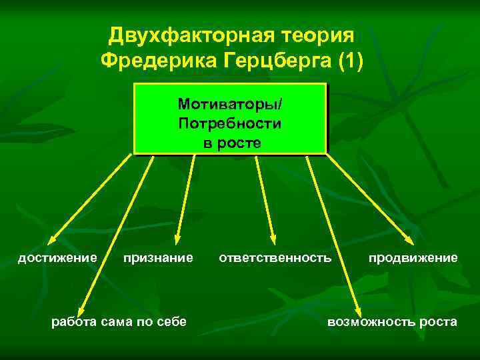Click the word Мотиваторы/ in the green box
(x=230, y=105)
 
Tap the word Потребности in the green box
(x=230, y=124)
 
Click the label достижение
(x=57, y=257)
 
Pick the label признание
(x=158, y=257)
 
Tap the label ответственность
(x=275, y=257)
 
